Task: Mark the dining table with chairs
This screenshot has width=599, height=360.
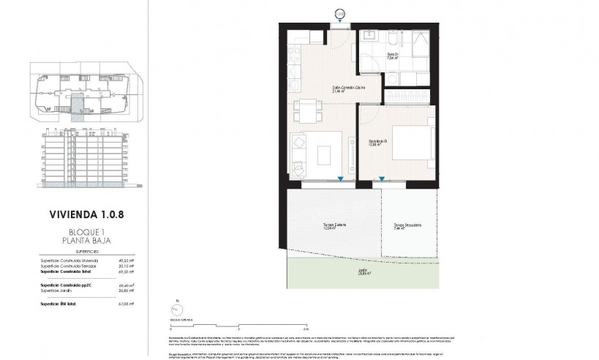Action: [x=306, y=112]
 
